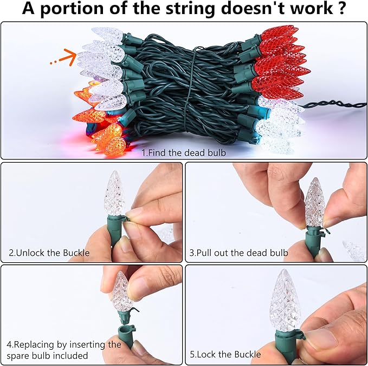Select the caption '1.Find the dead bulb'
click(x=184, y=152)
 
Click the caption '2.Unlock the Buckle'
click(x=49, y=253)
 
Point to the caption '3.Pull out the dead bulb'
click(x=238, y=253)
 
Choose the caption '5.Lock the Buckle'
click(x=225, y=354)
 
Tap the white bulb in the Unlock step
click(x=114, y=193)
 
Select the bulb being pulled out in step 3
click(x=315, y=203)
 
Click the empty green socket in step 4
click(x=126, y=337)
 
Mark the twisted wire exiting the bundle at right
click(x=333, y=104)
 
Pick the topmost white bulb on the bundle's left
click(x=107, y=34)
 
